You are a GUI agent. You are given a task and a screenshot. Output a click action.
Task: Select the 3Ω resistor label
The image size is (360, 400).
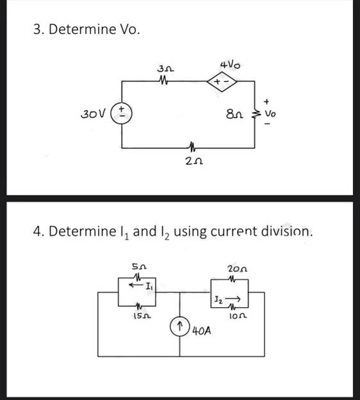[165, 68]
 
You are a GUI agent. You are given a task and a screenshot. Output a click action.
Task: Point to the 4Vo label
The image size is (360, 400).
[229, 65]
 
